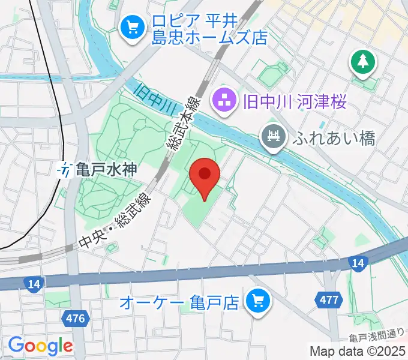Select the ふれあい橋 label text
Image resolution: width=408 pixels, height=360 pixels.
[334, 139]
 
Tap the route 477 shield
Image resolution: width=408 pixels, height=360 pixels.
[329, 299]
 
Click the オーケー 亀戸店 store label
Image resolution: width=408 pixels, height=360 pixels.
[180, 300]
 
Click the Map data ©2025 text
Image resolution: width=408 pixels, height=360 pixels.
[357, 351]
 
